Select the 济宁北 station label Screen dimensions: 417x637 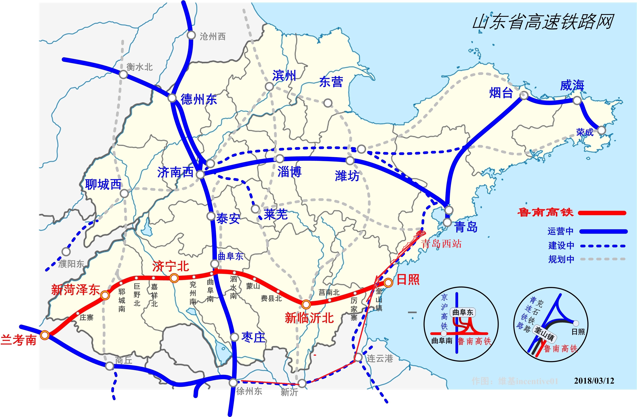(x=170, y=267)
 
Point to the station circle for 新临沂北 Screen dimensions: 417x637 (x=306, y=304)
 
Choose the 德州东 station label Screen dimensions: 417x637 (x=199, y=100)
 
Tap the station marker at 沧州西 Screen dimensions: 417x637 (x=191, y=35)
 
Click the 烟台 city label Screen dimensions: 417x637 (x=501, y=93)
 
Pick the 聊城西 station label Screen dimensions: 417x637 (x=103, y=185)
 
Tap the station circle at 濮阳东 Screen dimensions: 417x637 (x=66, y=252)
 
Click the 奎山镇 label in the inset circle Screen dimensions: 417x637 (x=544, y=333)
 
